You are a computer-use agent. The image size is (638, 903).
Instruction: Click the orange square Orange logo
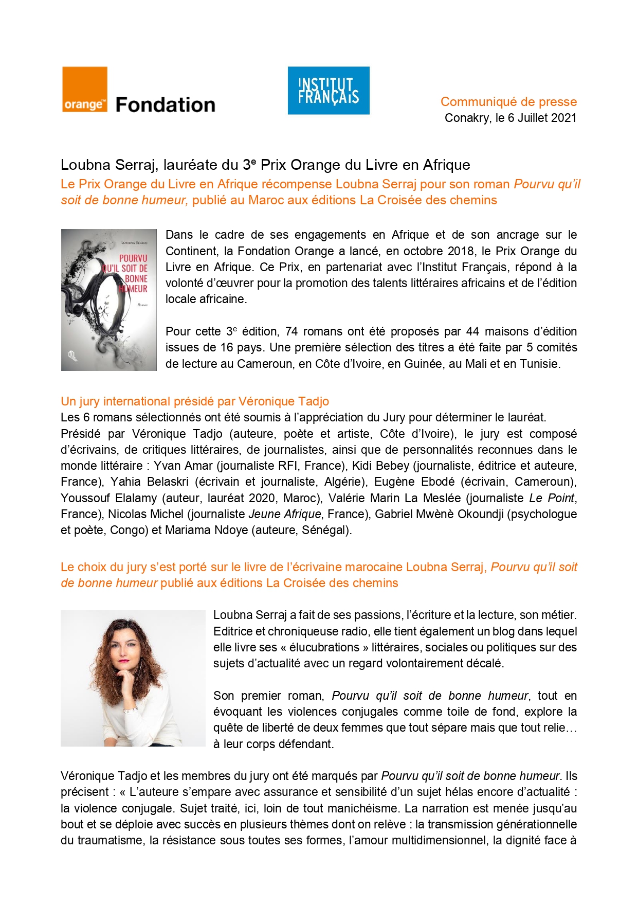coord(85,90)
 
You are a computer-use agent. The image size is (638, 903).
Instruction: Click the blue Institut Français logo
coord(329,90)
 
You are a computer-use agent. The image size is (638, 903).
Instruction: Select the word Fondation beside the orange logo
coord(165,105)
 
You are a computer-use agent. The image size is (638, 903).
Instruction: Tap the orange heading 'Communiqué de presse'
coord(508,101)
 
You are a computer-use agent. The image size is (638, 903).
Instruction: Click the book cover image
coord(108,300)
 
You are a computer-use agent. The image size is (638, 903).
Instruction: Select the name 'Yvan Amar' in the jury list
coord(183,466)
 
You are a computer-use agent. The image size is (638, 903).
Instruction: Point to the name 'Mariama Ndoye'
coord(207,530)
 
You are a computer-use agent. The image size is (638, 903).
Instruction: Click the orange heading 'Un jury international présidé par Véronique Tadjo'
coord(195,401)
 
